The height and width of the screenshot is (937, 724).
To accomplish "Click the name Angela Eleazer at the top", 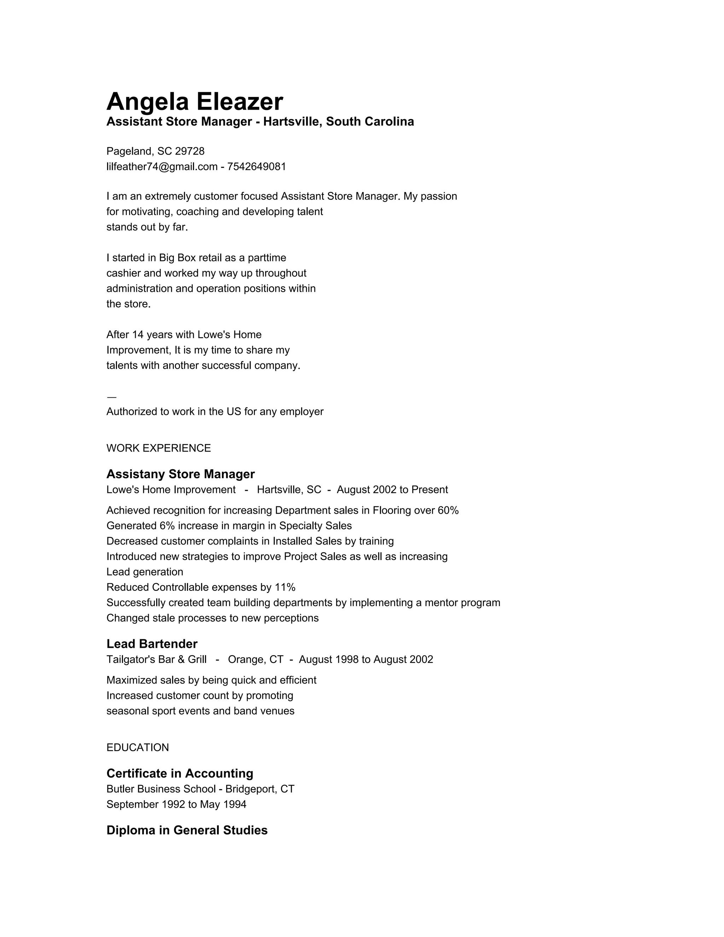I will tap(194, 102).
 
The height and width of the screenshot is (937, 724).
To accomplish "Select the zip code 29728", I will tap(189, 151).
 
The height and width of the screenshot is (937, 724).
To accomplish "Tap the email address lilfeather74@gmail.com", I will tap(162, 167).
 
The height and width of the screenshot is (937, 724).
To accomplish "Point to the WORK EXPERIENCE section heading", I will tap(158, 448).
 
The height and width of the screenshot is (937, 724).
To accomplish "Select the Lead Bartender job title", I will tap(152, 644).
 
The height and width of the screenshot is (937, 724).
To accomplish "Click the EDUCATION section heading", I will tap(137, 747).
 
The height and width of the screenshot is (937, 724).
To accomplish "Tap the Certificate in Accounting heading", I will tap(180, 773).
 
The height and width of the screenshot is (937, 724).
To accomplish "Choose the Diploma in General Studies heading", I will tap(187, 830).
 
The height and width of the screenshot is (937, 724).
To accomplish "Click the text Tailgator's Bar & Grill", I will tap(156, 659).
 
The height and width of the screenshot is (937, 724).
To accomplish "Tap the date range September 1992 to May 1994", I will tap(176, 804).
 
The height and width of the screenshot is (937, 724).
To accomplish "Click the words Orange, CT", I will tap(255, 659).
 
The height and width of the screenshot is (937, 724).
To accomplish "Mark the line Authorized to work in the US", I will tap(215, 412).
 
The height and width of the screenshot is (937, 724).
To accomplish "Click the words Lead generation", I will tap(145, 572).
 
